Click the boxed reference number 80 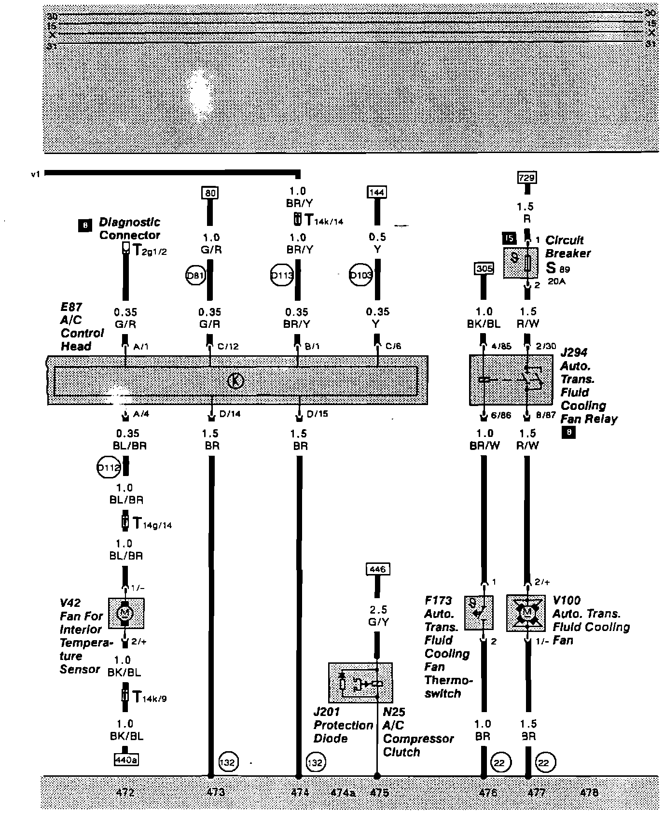click(210, 193)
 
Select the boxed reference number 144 click(376, 192)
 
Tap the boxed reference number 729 click(526, 178)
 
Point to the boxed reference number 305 click(484, 268)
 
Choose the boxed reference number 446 click(377, 569)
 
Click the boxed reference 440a click(125, 760)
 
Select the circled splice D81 click(196, 276)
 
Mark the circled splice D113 click(282, 276)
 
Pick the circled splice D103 click(360, 275)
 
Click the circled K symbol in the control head click(235, 381)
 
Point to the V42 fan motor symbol click(126, 614)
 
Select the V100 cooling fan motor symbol click(526, 613)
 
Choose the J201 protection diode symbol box click(360, 683)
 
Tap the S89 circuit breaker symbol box click(521, 263)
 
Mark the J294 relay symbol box click(511, 380)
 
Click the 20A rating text click(556, 280)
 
